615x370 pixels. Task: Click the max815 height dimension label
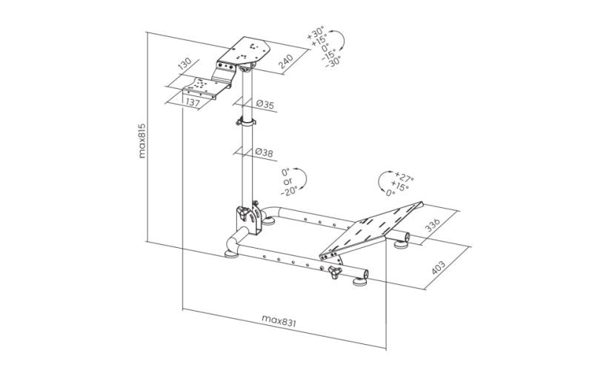coord(142,141)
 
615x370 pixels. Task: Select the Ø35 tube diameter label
coord(265,104)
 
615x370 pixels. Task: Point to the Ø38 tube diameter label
coord(265,152)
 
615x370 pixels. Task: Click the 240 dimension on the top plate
coord(286,61)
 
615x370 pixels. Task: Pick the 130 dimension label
coord(184,64)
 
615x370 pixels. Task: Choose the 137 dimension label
coord(193,102)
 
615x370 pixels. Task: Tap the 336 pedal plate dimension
coord(433,225)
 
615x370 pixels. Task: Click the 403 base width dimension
coord(438,267)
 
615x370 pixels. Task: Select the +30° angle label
coord(316,33)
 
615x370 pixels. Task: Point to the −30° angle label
coord(333,62)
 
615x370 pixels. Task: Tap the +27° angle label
coord(404,177)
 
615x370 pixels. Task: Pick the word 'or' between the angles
coord(287,182)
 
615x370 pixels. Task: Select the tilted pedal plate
coord(371,232)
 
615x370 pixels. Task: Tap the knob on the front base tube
coord(335,272)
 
